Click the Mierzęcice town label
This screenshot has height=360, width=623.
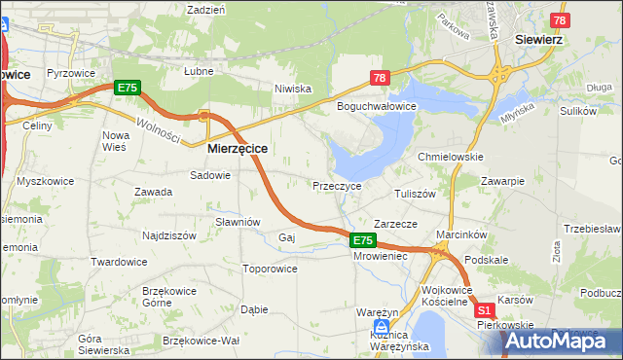pos(238,150)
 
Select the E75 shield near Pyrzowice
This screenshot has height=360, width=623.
pos(128,88)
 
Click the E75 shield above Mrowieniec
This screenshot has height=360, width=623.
pos(362,240)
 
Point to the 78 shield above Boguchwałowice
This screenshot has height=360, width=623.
pos(380,78)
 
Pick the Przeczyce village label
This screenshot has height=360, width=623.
pos(337,185)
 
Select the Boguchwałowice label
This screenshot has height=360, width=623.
pos(377,106)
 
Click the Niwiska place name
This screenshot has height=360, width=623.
pos(292,89)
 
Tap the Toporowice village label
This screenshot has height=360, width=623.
pos(270,268)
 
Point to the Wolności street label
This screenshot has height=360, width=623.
pos(158,129)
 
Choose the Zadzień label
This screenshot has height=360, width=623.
pos(205,9)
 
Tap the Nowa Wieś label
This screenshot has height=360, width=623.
pos(115,141)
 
